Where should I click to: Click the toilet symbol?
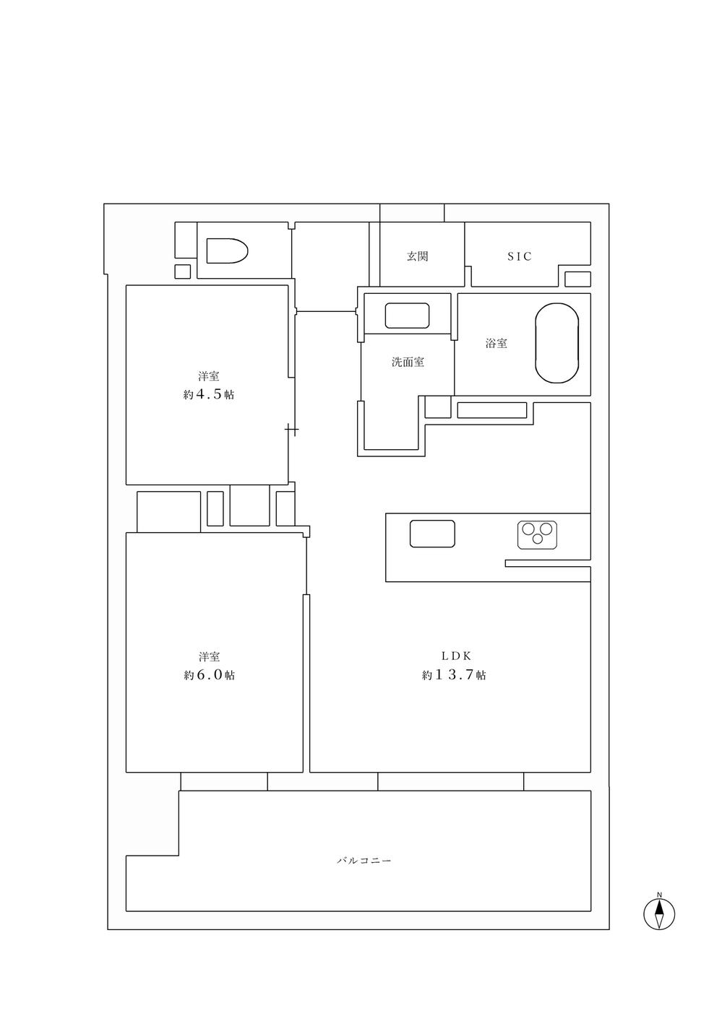click(x=227, y=251)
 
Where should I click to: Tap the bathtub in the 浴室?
click(x=557, y=344)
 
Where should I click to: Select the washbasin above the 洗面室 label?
click(x=407, y=316)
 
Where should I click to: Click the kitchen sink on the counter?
click(x=432, y=534)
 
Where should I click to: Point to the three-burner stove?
click(x=537, y=534)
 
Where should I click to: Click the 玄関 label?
click(x=417, y=256)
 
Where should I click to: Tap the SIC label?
click(x=520, y=256)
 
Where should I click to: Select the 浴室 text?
click(x=497, y=343)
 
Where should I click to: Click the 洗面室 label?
click(x=408, y=362)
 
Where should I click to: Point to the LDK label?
click(x=456, y=656)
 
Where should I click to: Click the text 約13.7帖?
click(x=454, y=674)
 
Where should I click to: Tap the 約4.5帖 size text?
click(x=209, y=394)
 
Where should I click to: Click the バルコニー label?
click(x=364, y=861)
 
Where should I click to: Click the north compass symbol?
click(x=659, y=914)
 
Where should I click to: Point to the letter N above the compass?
click(x=659, y=894)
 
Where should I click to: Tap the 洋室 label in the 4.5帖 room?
click(x=209, y=376)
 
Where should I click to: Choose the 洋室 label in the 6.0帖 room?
click(x=210, y=656)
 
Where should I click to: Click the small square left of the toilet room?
click(x=182, y=271)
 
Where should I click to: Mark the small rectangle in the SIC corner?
click(x=578, y=279)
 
